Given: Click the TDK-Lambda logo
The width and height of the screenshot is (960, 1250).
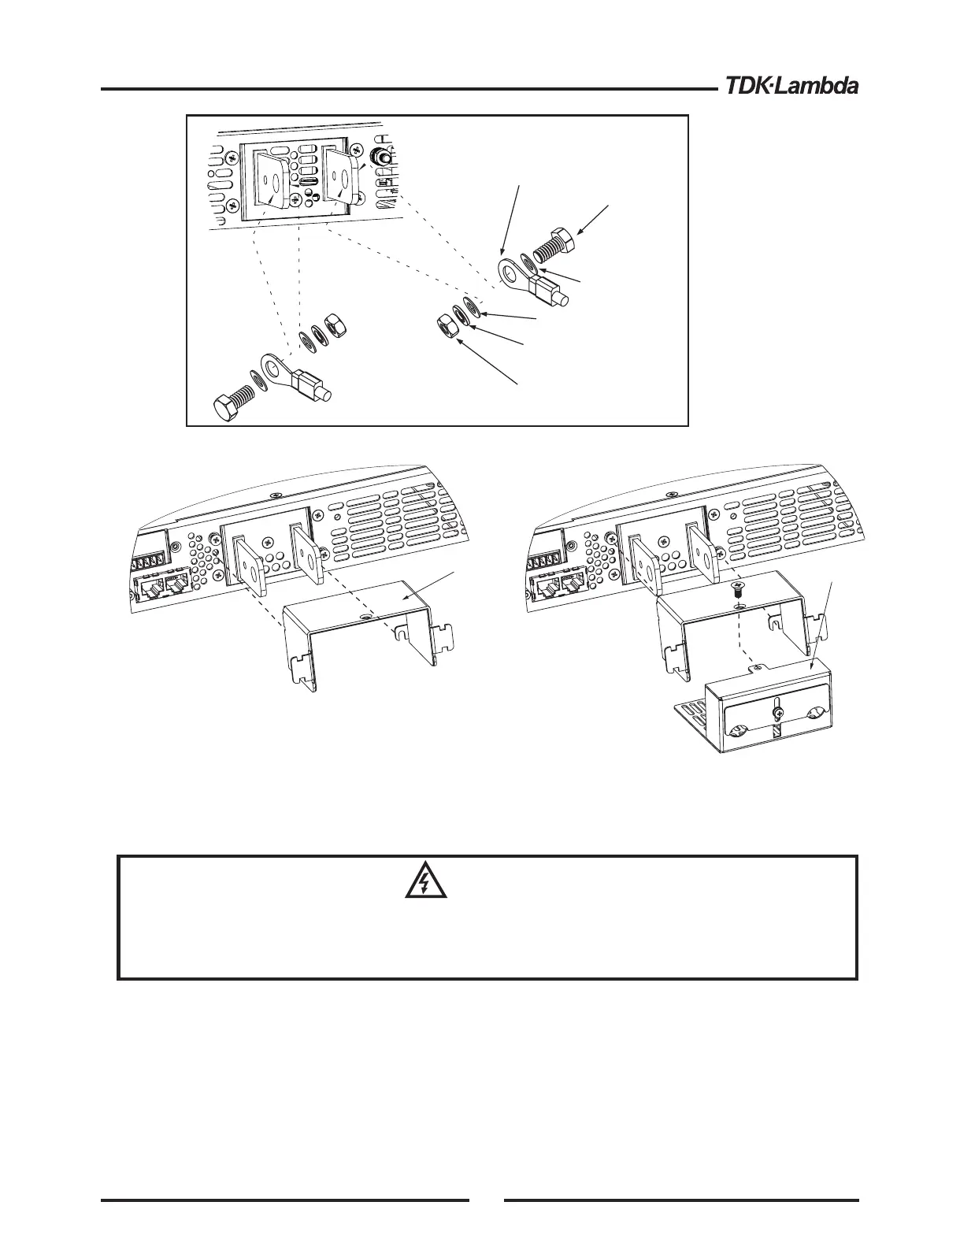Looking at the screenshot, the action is pos(787,86).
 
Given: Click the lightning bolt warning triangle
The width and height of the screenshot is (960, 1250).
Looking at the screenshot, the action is pos(425,885).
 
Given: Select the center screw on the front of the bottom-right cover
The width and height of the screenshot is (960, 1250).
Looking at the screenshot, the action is pos(778,713).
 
